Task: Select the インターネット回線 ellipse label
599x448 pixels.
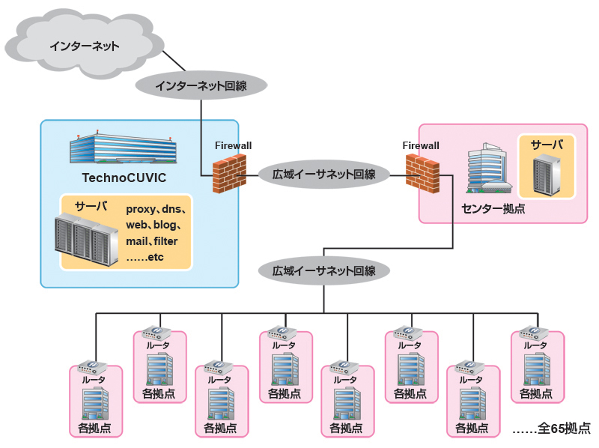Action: (x=201, y=85)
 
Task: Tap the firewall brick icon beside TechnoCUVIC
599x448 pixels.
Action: (x=229, y=174)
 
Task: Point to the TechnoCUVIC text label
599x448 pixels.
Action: (x=124, y=178)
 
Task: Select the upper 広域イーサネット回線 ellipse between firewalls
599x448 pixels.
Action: (x=323, y=175)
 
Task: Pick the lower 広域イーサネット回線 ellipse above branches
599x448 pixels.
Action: (x=323, y=270)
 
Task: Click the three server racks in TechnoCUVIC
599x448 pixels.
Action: (x=87, y=238)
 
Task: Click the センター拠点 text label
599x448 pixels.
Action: (x=493, y=209)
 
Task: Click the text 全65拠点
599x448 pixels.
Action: (x=551, y=429)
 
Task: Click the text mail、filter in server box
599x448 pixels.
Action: (x=151, y=241)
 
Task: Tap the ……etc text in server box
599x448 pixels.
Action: (x=145, y=258)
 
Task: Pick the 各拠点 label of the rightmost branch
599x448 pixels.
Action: (x=536, y=393)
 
